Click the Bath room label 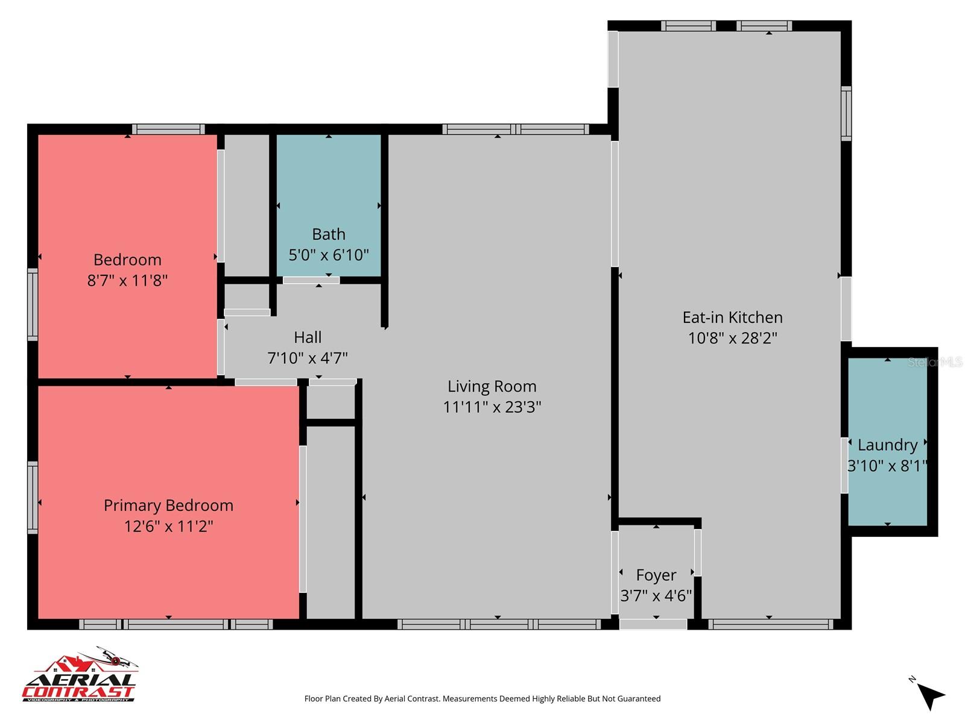click(329, 234)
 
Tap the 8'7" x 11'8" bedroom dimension click(127, 280)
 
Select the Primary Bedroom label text click(168, 505)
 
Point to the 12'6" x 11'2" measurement click(168, 526)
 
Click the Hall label click(308, 337)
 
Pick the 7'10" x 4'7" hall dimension click(308, 358)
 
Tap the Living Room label click(492, 386)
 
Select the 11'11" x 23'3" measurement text click(492, 407)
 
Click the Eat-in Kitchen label click(732, 317)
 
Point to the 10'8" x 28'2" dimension click(732, 338)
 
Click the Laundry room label click(887, 445)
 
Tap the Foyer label click(656, 575)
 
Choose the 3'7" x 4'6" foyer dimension click(656, 596)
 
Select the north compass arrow click(931, 696)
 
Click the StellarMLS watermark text click(934, 362)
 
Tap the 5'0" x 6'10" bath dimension click(329, 255)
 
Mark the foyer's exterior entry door click(653, 625)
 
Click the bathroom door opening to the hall click(311, 280)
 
